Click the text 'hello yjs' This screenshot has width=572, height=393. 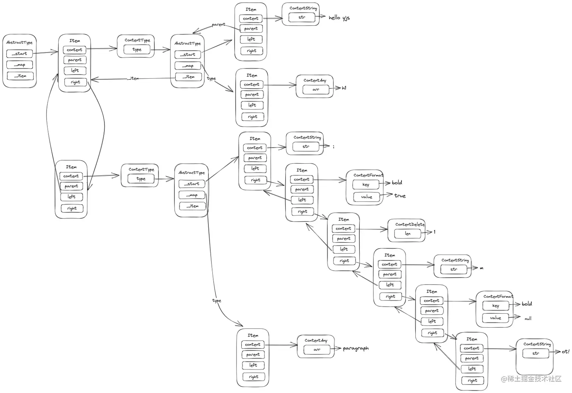tap(339, 18)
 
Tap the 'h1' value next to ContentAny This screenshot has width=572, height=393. tap(344, 88)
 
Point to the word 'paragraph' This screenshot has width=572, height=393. tap(356, 348)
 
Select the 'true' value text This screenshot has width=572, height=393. tap(400, 196)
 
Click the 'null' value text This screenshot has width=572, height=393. tap(528, 319)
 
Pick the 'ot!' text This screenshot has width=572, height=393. tap(565, 351)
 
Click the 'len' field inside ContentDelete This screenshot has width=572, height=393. tap(408, 234)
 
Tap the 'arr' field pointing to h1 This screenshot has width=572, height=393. tap(316, 90)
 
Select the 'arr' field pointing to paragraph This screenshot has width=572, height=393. tap(317, 350)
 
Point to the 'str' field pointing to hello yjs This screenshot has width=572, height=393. tap(302, 17)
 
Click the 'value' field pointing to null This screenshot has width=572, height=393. tap(496, 318)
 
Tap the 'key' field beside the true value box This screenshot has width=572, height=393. tap(366, 185)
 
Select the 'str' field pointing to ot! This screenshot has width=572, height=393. tap(536, 353)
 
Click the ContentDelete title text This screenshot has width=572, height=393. tap(410, 224)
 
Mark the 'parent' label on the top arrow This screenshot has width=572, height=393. tap(218, 25)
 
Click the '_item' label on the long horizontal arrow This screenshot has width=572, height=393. tap(134, 79)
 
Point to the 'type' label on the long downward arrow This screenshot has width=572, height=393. tap(217, 301)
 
